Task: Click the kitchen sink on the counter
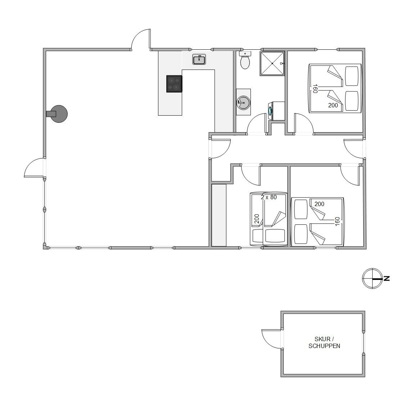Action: pos(199,59)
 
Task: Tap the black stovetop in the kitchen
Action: pos(174,84)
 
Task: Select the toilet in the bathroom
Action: pos(245,60)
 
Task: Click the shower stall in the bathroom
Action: pos(272,63)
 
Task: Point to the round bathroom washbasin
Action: pos(243,102)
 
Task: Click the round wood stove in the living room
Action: pos(57,114)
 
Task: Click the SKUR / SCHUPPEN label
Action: pos(324,342)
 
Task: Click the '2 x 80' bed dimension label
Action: pos(269,197)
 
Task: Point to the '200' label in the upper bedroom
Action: pos(333,105)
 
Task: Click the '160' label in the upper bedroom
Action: pos(315,89)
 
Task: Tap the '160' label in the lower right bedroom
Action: pos(337,221)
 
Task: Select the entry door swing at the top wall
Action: pos(141,39)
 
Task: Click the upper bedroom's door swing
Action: pos(304,124)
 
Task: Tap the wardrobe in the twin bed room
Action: pos(219,215)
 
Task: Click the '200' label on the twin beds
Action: pos(257,219)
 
